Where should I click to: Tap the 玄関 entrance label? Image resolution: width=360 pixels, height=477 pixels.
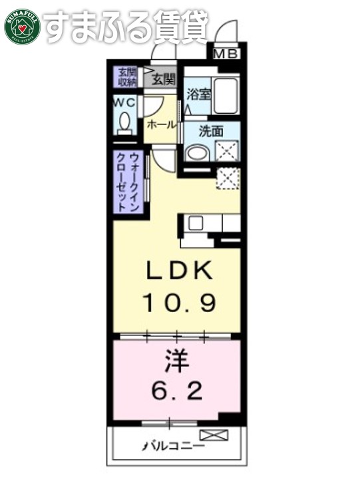tap(163, 80)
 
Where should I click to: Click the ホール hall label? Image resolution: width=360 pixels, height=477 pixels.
tap(161, 124)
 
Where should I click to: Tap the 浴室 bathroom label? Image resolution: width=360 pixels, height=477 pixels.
tap(198, 94)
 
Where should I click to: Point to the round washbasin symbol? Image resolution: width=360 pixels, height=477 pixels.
tap(196, 152)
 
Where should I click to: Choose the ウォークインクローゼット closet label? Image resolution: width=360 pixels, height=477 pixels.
tap(127, 182)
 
